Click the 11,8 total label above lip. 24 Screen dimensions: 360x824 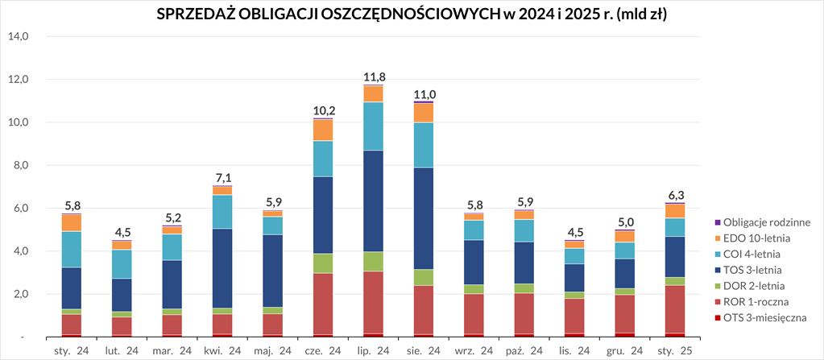[x=373, y=77]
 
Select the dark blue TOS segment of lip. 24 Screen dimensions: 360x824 [x=373, y=201]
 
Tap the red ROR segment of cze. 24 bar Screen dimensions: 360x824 [x=323, y=304]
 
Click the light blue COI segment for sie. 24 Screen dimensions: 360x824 [x=423, y=145]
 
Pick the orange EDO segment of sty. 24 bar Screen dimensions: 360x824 [x=72, y=222]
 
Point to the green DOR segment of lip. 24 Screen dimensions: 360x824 [x=373, y=262]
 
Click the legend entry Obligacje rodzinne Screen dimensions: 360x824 [x=766, y=221]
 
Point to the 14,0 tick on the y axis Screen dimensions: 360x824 [x=18, y=36]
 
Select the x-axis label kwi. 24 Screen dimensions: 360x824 [x=222, y=350]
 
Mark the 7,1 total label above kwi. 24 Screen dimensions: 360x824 [x=222, y=177]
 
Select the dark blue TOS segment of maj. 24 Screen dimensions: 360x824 [x=273, y=271]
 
